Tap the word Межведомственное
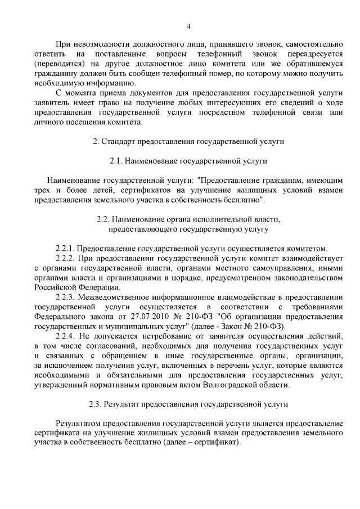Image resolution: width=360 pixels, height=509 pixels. coord(116,296)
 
